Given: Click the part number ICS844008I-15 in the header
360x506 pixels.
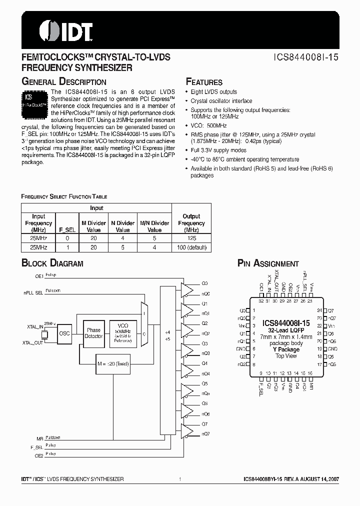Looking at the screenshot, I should (305, 57).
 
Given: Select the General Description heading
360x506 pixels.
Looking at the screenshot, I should (64, 82).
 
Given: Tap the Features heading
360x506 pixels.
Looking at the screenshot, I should (204, 82).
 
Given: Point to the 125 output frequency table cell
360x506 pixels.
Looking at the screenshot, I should (191, 239).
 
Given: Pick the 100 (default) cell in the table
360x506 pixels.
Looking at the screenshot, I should (191, 247).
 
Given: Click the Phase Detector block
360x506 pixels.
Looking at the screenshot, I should (93, 333).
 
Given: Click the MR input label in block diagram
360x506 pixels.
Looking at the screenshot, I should (40, 437).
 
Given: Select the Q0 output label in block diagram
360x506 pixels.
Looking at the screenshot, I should (204, 283).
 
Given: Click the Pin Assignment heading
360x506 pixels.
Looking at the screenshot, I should (268, 263).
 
